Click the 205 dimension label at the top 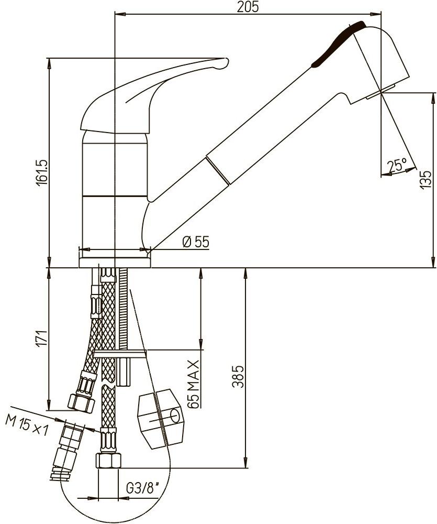(x=248, y=6)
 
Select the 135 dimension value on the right (x=425, y=179)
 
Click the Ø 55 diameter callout (x=196, y=242)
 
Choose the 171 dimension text (x=42, y=339)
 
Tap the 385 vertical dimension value (x=238, y=377)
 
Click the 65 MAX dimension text (x=194, y=384)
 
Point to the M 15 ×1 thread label (x=27, y=424)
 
